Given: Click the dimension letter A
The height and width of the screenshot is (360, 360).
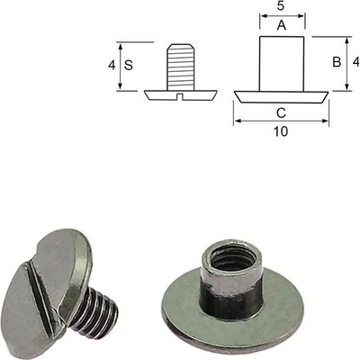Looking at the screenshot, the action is [282, 25].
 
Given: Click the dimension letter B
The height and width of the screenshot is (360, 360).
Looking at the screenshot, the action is [337, 62].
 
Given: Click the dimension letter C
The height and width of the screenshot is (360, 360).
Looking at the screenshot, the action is [281, 113].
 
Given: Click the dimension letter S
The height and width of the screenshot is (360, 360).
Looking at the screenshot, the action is [129, 65].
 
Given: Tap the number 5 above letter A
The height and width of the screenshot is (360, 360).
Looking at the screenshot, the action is [281, 6].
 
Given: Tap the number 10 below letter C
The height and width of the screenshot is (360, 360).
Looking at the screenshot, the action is [281, 131].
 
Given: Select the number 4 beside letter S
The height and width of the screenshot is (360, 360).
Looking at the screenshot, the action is [112, 65].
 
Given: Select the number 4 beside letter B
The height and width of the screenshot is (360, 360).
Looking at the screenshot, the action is [356, 62].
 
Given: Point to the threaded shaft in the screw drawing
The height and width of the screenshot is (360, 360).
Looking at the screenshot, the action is [180, 67].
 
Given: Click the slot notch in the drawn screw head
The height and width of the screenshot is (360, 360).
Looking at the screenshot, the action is [180, 95].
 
